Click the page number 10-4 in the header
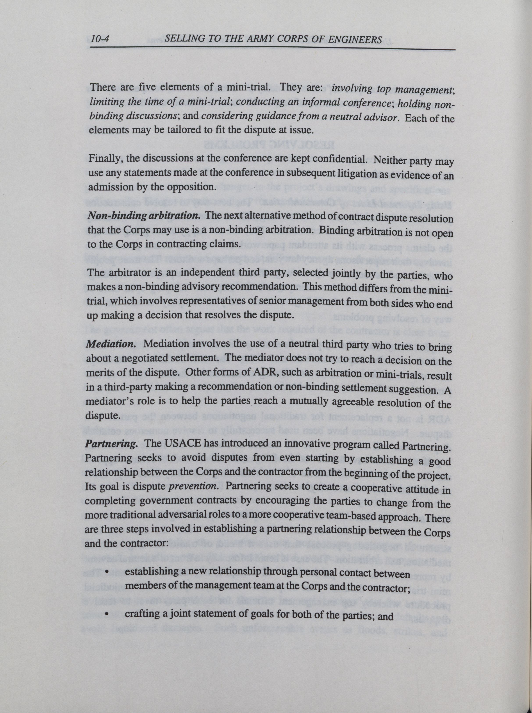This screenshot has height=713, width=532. click(100, 40)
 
